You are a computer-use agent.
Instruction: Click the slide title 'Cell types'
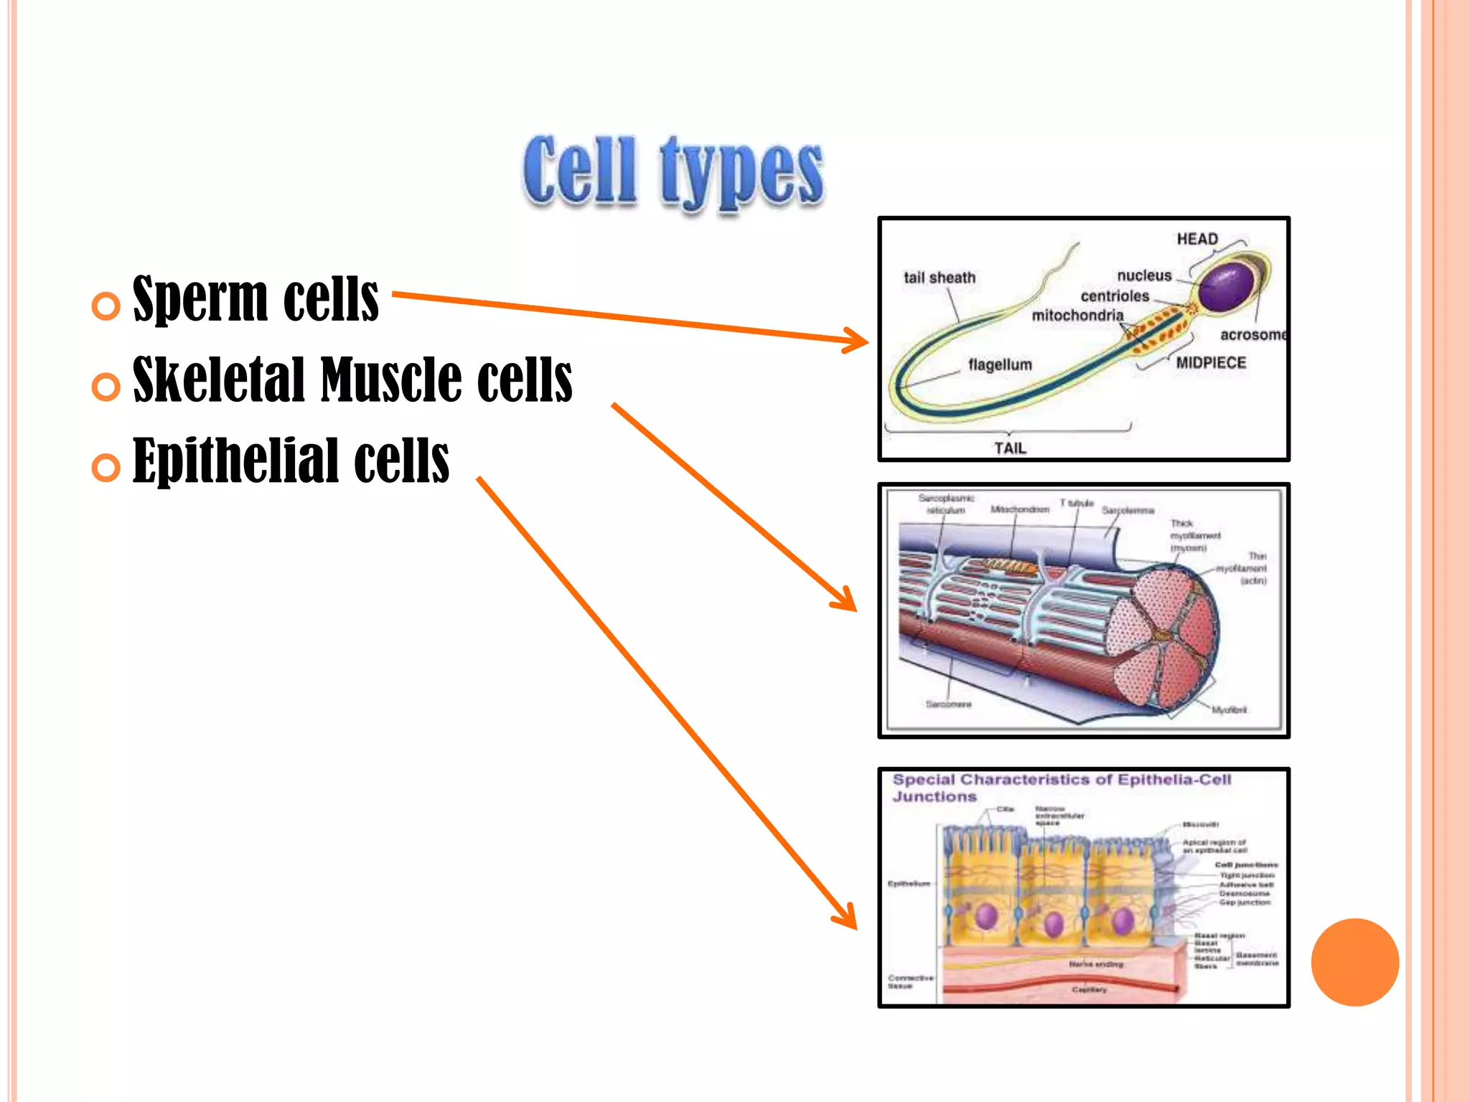673,172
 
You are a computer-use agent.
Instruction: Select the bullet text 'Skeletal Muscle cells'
352,380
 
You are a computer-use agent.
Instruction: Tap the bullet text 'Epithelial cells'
291,461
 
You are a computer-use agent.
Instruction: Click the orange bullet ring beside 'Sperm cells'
106,306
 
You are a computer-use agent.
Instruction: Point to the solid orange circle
1354,962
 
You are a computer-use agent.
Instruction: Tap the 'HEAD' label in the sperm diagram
1197,239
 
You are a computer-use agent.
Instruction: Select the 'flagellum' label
1000,364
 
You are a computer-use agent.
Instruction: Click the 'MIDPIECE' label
1211,363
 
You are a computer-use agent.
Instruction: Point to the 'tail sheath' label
940,278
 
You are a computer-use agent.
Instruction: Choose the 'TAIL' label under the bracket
1010,448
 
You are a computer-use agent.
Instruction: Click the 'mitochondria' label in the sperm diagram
1077,316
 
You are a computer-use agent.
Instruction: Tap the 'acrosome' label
1253,335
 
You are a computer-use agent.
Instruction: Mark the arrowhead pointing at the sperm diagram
858,341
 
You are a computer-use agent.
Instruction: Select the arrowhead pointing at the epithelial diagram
848,919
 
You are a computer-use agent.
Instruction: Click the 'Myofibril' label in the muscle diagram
1229,710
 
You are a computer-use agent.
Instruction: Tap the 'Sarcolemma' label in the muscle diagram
1128,510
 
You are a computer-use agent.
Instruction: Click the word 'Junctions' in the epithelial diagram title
935,797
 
